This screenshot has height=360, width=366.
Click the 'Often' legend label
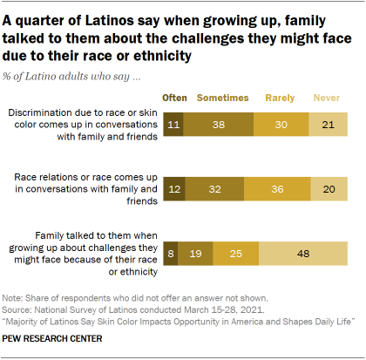pyautogui.click(x=176, y=98)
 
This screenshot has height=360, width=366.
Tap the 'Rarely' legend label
pyautogui.click(x=281, y=98)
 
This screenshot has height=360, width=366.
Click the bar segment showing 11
pyautogui.click(x=174, y=124)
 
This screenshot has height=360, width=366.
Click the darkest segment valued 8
pyautogui.click(x=172, y=253)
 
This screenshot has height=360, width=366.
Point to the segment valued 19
pyautogui.click(x=196, y=253)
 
